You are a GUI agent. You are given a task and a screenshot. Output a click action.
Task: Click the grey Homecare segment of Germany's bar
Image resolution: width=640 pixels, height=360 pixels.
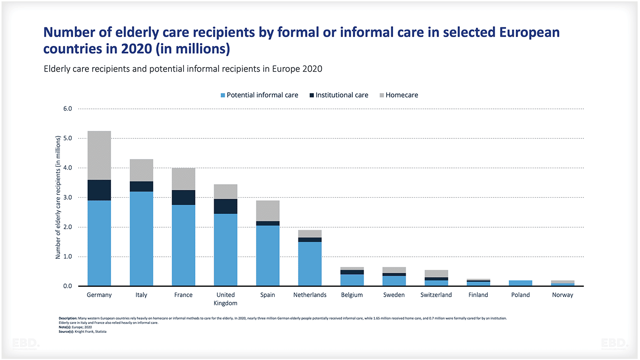99,155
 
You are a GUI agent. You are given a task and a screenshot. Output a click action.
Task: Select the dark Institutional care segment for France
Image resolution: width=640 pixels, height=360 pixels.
183,197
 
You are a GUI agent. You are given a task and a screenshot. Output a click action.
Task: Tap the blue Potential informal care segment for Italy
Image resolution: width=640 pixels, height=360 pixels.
141,238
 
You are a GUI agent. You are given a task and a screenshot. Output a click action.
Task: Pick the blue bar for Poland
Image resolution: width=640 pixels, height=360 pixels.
521,283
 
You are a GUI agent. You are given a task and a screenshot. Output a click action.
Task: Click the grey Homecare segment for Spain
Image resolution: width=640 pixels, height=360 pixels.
268,211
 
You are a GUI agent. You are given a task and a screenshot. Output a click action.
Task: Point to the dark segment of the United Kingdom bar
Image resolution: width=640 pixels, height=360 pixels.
225,206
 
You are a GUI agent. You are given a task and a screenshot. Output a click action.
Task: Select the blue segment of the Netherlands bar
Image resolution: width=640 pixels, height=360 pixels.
310,263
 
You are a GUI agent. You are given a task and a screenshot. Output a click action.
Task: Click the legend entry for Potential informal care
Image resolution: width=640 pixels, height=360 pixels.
259,95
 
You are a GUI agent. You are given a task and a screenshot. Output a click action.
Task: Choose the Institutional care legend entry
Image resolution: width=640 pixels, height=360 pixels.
338,95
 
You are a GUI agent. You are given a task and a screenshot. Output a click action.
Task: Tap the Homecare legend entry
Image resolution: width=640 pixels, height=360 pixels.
398,95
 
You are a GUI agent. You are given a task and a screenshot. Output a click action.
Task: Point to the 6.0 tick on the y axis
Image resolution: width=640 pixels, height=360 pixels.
67,109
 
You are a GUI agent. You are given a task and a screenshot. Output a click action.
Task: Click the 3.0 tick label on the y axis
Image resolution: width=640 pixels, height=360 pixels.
67,197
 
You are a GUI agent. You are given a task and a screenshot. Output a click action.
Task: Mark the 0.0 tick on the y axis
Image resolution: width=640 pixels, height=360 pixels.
67,286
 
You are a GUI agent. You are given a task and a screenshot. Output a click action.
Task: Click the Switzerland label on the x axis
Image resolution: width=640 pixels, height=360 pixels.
436,295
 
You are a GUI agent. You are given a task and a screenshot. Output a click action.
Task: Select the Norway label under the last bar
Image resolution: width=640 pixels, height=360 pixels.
562,295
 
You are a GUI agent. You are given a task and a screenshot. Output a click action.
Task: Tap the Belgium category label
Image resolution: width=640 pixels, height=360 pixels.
352,295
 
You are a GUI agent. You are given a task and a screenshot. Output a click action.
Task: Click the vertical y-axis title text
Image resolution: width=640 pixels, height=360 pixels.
58,197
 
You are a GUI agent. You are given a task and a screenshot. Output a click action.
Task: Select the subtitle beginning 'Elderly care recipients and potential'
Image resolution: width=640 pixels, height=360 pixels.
183,69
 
